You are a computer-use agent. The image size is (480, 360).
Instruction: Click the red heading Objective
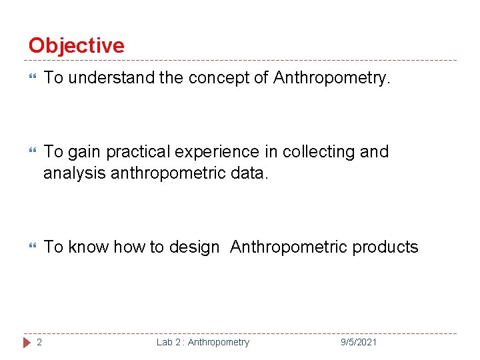click(76, 45)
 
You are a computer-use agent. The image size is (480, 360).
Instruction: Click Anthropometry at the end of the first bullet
click(331, 78)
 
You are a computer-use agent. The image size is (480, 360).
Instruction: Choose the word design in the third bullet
click(194, 247)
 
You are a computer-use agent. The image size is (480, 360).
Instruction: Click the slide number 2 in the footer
click(39, 342)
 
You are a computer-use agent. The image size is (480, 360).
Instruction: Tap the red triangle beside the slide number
click(27, 342)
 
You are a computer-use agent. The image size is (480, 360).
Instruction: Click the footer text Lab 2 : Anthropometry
click(203, 342)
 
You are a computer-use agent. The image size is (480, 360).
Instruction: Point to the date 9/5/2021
click(359, 342)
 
